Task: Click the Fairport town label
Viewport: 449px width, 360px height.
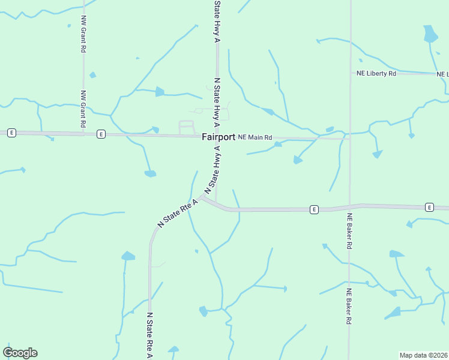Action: pyautogui.click(x=218, y=137)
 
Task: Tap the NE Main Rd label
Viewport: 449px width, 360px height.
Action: pyautogui.click(x=255, y=137)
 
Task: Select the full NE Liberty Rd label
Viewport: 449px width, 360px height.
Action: pyautogui.click(x=376, y=73)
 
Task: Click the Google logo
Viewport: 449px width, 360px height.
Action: pyautogui.click(x=20, y=353)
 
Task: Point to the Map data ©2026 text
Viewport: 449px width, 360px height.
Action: pyautogui.click(x=424, y=355)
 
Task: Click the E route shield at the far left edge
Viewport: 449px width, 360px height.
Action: pyautogui.click(x=11, y=133)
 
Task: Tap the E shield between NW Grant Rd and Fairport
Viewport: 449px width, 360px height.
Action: pyautogui.click(x=101, y=134)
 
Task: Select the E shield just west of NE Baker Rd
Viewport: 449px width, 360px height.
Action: pyautogui.click(x=313, y=209)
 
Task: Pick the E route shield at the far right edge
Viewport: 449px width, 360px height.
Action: pyautogui.click(x=429, y=207)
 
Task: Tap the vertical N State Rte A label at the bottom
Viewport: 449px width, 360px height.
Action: pyautogui.click(x=150, y=335)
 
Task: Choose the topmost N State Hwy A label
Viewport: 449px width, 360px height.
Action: pyautogui.click(x=217, y=21)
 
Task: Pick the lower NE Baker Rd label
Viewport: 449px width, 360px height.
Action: pyautogui.click(x=348, y=307)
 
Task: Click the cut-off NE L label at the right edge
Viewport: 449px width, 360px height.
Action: pyautogui.click(x=443, y=74)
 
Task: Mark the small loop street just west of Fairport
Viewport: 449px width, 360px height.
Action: pyautogui.click(x=187, y=127)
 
